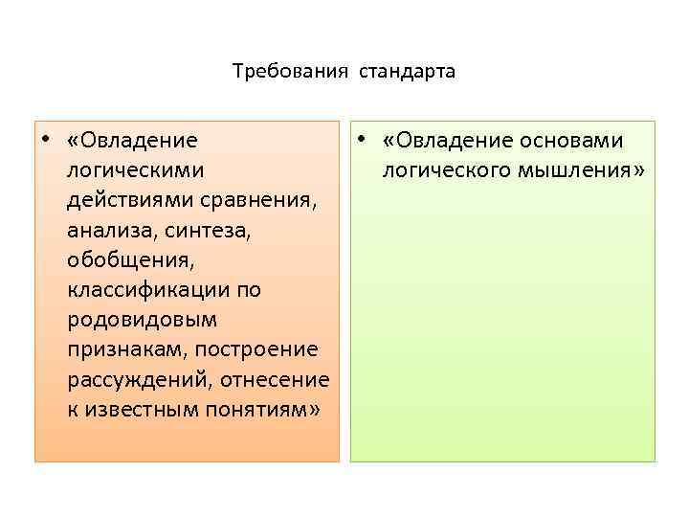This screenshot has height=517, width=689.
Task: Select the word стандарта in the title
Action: pos(409,72)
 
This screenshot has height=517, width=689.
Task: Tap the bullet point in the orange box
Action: pos(45,141)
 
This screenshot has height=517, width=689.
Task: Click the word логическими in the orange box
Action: pos(136,171)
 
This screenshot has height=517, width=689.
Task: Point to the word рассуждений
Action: pos(141,380)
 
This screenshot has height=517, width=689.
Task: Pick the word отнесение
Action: pos(275,380)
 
